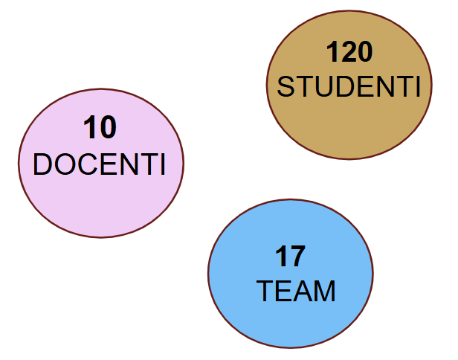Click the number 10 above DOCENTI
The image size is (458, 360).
100,127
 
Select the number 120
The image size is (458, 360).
349,52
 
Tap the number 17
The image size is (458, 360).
290,257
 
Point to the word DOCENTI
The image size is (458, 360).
100,164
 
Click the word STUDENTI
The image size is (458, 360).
349,86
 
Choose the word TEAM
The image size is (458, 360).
296,291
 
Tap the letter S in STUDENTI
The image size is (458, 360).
286,86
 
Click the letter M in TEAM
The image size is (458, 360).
324,291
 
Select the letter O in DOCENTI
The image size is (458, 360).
65,164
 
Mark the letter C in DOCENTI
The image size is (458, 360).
87,164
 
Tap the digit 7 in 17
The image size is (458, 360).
298,257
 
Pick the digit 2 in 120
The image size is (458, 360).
349,51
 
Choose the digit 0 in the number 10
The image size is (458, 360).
109,127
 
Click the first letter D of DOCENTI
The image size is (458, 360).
42,164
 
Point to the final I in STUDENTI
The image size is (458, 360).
419,86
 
